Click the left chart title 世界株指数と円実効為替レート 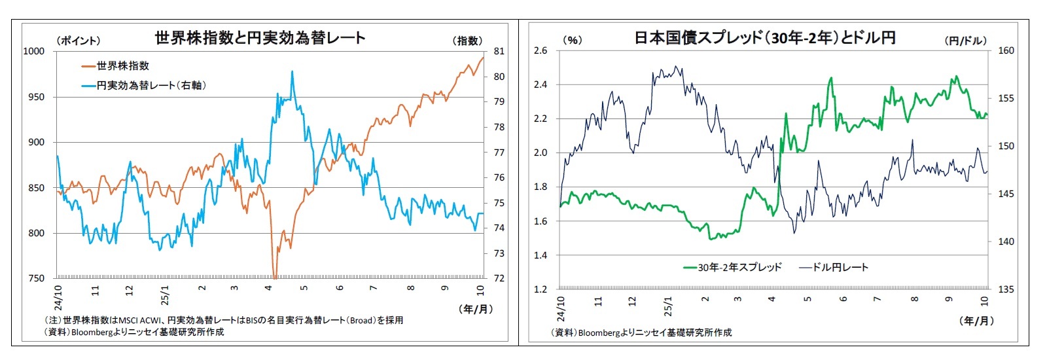(260, 37)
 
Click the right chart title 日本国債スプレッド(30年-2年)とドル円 (765, 37)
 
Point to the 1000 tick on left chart (34, 51)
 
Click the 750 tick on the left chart (36, 278)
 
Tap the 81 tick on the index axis (499, 51)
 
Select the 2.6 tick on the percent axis (540, 50)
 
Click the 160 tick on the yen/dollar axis (1006, 50)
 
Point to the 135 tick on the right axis (1006, 289)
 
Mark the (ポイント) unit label (79, 41)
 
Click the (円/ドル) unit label (965, 41)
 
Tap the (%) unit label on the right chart (573, 40)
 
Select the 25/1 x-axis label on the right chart (668, 306)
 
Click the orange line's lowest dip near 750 (275, 277)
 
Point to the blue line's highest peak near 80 (292, 71)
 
